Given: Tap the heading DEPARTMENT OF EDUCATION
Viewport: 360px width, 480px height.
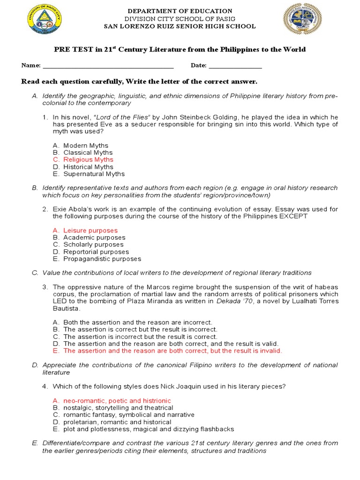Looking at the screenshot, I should [180, 11].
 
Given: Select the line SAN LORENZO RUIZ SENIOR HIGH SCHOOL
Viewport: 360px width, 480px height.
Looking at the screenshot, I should [180, 26].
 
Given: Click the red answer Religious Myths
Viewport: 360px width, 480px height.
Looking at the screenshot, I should [88, 160].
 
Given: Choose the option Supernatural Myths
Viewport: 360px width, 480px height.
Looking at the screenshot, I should [94, 174].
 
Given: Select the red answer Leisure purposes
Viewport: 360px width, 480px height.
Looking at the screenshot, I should [90, 231].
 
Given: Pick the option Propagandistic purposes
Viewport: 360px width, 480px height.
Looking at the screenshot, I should [102, 259].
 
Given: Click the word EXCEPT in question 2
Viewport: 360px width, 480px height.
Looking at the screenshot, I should [293, 216].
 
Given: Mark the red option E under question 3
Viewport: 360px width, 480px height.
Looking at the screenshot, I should [172, 351].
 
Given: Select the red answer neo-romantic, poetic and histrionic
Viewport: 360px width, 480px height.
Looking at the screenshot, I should [117, 401].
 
